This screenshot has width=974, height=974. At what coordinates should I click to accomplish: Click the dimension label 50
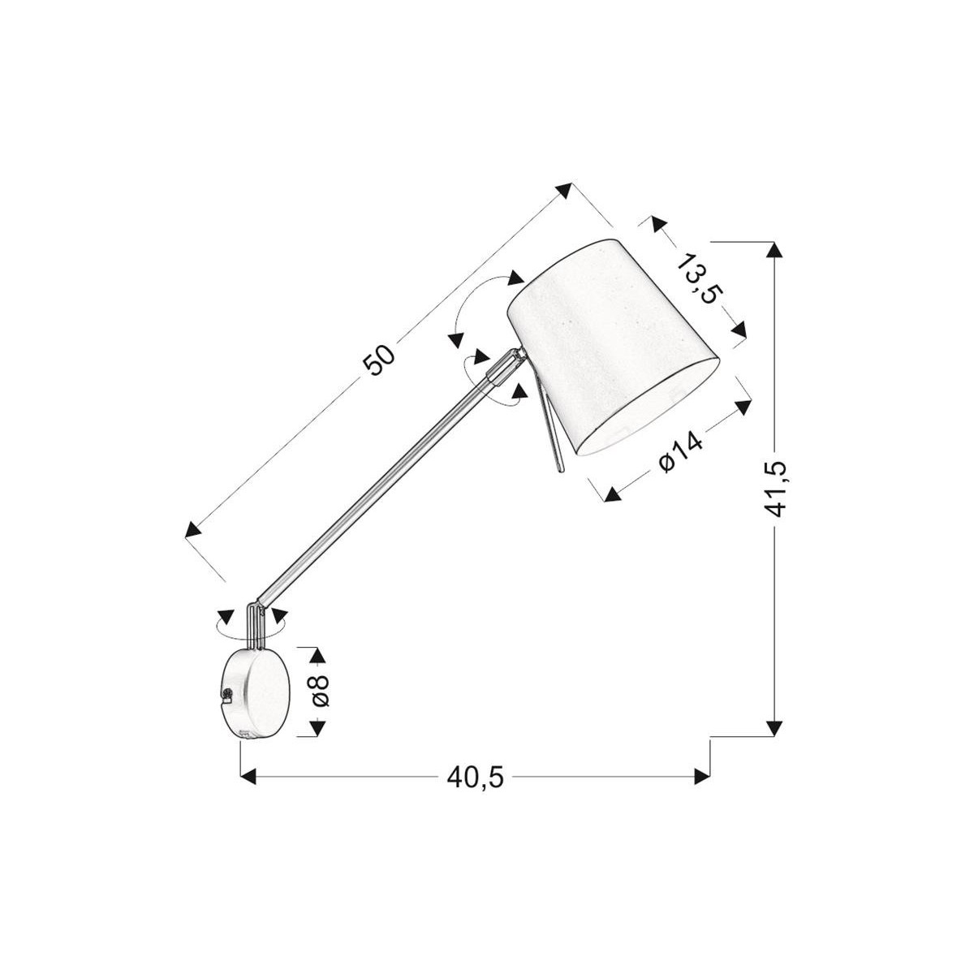[x=379, y=360]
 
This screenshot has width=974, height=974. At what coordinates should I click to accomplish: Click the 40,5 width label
[x=476, y=778]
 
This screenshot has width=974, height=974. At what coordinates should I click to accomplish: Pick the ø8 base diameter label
[x=320, y=691]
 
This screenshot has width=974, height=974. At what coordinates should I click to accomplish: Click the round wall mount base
[x=256, y=692]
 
